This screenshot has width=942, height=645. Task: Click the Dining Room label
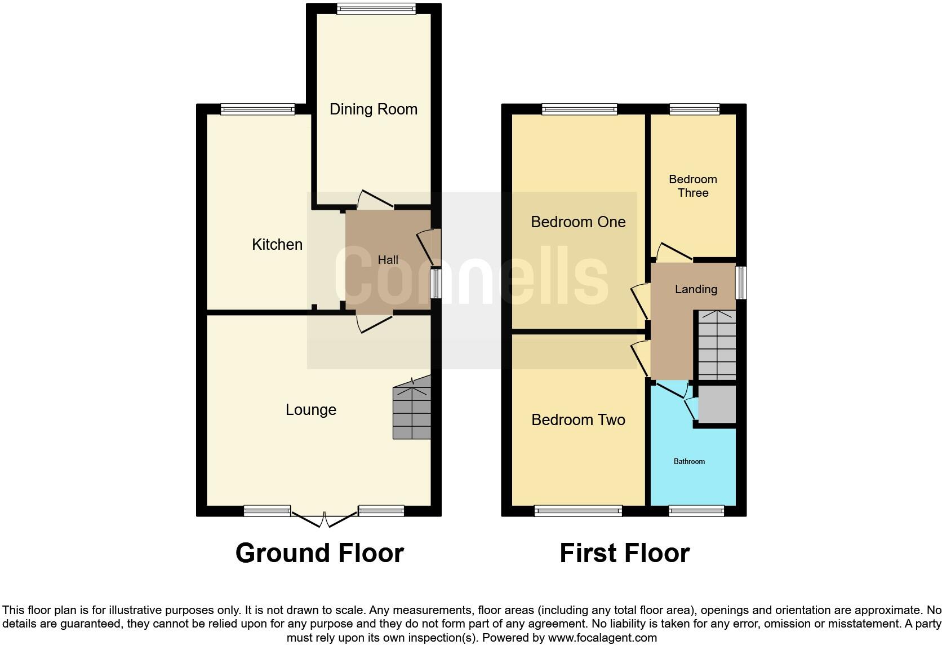click(373, 109)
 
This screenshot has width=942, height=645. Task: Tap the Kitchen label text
click(277, 244)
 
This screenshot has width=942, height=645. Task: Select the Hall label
click(388, 260)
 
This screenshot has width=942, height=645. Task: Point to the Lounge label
click(310, 409)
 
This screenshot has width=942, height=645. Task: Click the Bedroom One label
click(578, 222)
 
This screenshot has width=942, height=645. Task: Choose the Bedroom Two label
click(578, 419)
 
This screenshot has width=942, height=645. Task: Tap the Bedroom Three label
click(692, 186)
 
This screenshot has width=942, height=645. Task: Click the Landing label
click(696, 289)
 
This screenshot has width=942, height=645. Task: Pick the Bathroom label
click(689, 461)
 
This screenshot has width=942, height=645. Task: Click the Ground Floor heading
click(319, 553)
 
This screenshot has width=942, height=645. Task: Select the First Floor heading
click(624, 553)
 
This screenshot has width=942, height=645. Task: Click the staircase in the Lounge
click(412, 410)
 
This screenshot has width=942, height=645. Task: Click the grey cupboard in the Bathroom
click(717, 404)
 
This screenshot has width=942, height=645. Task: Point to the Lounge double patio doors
click(325, 518)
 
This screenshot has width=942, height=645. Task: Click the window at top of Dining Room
click(376, 9)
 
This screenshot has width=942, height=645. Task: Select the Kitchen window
click(257, 109)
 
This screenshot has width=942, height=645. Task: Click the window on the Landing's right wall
click(741, 282)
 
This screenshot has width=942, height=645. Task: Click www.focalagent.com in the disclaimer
click(602, 638)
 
